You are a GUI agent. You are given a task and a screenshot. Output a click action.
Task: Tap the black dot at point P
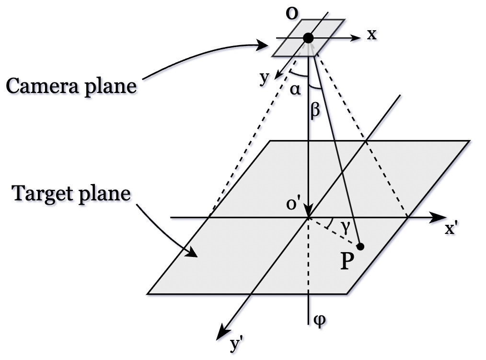361,246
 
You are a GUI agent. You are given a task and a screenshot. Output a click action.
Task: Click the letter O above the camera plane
290,13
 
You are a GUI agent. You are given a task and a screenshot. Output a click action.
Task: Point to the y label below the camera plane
264,78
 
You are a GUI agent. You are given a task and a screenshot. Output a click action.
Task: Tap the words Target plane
71,194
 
